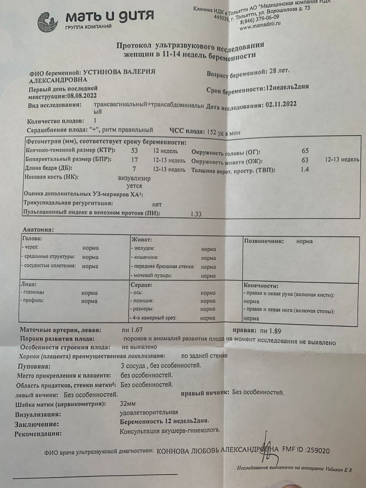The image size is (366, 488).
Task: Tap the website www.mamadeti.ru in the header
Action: click(x=263, y=27)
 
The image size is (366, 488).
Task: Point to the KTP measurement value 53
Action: click(x=135, y=151)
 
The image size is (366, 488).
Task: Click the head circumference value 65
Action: click(x=305, y=151)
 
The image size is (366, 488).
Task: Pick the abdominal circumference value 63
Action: click(x=305, y=161)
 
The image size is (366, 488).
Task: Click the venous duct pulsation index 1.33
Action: click(x=196, y=214)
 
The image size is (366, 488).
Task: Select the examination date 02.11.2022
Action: click(x=280, y=104)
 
